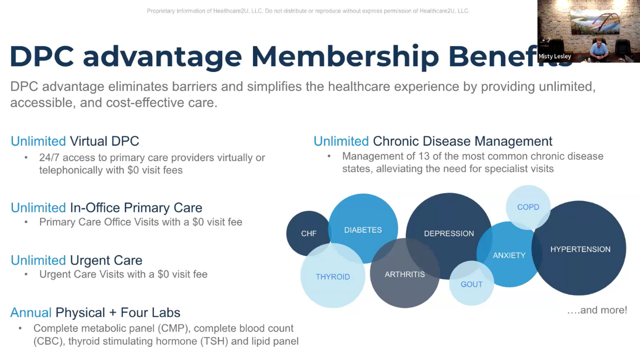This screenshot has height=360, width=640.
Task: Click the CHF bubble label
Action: point(308,233)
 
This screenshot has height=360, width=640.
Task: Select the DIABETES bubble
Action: point(363,230)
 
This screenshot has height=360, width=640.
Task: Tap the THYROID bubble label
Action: point(332,277)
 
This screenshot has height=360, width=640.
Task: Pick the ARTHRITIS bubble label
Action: point(404,274)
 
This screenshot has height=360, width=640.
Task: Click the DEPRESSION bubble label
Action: point(449,233)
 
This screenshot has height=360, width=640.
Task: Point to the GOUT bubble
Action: point(471,284)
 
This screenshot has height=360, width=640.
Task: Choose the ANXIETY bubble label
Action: point(509,255)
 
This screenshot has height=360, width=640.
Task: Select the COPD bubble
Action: point(528,207)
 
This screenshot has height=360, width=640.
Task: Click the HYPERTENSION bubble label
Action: point(580,249)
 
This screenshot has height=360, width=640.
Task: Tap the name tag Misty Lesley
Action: point(554,56)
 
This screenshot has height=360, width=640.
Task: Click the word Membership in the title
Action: point(345,56)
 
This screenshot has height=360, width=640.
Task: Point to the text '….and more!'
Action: point(597,310)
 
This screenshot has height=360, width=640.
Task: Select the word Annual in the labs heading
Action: point(31,313)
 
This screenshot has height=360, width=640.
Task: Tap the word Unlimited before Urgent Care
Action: point(38,260)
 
